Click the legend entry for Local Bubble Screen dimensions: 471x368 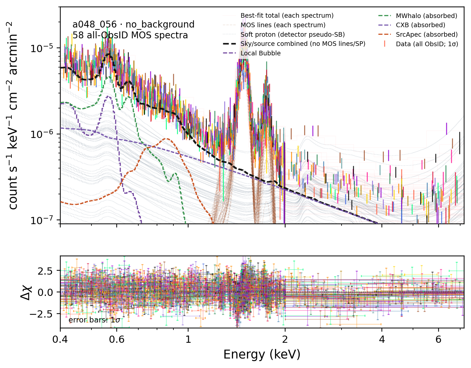coord(261,53)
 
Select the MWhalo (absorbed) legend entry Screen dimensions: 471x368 coord(426,16)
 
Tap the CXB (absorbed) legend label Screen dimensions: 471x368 coord(421,25)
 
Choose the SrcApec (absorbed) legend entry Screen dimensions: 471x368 coord(426,34)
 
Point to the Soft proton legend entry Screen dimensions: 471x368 coord(292,34)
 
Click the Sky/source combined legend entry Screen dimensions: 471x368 coord(303,44)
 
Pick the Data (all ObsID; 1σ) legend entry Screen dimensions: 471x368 coord(427,44)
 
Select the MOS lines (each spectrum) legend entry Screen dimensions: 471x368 coord(283,25)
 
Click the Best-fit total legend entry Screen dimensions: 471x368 coord(287,16)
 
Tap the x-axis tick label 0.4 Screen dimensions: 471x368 coord(60,339)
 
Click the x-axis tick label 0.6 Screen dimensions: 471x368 coord(117,339)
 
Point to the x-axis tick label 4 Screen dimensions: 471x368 coord(382,339)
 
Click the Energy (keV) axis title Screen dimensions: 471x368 coord(262,355)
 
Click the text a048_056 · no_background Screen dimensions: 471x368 coord(133,24)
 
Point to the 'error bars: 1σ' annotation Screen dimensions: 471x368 coord(94,320)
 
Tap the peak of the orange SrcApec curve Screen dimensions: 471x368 coord(167,139)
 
